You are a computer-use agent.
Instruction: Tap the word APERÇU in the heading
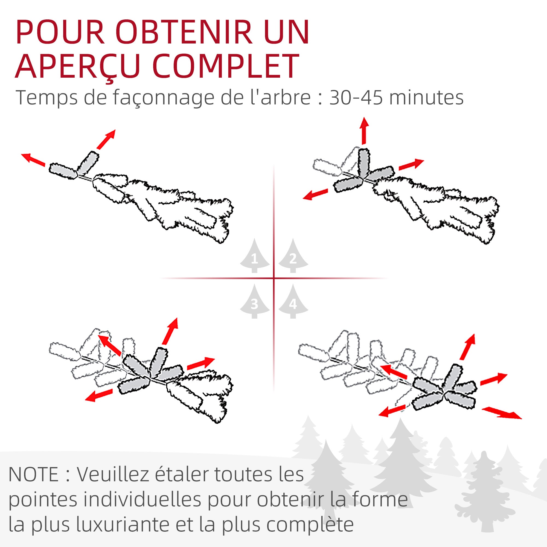click(78, 66)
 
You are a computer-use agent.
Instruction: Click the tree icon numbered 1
click(254, 256)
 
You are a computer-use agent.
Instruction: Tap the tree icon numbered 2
click(293, 256)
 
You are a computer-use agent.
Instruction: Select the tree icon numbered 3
click(254, 302)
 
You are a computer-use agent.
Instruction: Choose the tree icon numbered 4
click(293, 302)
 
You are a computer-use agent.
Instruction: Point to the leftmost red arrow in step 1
click(33, 159)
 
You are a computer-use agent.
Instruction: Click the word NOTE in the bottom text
click(33, 475)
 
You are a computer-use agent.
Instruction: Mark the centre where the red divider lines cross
click(273, 278)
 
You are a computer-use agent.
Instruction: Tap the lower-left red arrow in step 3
click(99, 395)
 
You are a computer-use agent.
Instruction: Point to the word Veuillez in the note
click(116, 475)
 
